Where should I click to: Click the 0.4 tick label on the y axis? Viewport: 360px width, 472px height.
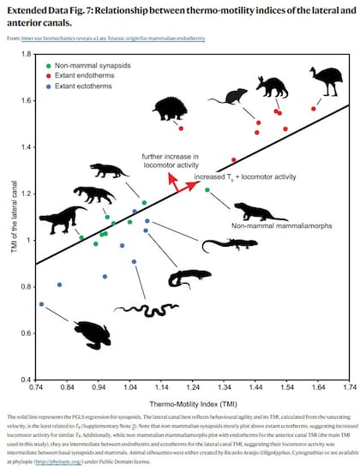point(24,379)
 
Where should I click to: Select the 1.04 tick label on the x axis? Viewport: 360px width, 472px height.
point(129,387)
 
